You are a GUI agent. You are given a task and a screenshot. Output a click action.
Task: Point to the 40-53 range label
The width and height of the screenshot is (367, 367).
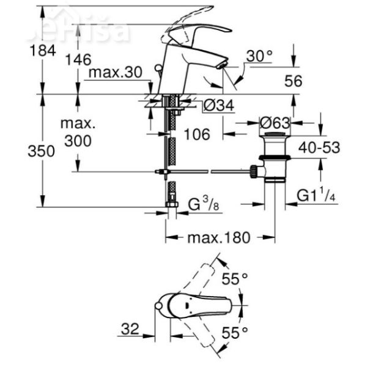318,147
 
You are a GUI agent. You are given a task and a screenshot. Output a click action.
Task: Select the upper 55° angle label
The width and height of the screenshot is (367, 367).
235,279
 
